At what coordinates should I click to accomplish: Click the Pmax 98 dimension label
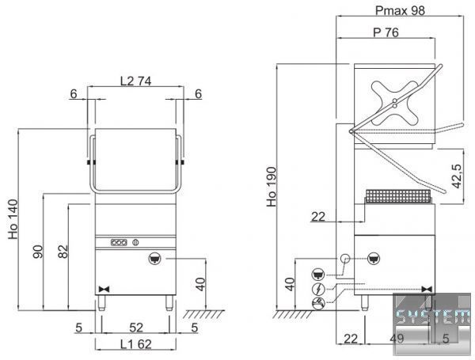click(x=400, y=10)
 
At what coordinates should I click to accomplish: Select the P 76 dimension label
click(x=386, y=32)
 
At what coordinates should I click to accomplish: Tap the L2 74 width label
click(x=135, y=81)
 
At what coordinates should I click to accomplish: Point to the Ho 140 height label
click(x=13, y=219)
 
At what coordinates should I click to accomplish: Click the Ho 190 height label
click(x=272, y=187)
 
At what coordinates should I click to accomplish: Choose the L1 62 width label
click(x=135, y=344)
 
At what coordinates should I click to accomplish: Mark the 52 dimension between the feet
click(x=136, y=328)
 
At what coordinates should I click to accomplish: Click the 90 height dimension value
click(x=38, y=252)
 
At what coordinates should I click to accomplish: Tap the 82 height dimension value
click(x=63, y=252)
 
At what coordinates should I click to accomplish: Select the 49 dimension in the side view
click(x=397, y=338)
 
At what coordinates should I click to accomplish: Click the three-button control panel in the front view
click(x=119, y=243)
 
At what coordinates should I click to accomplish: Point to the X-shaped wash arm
click(x=395, y=103)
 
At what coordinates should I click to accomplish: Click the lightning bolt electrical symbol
click(x=318, y=289)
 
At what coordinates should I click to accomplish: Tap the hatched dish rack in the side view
click(x=398, y=196)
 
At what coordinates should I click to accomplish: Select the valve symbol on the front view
click(x=104, y=289)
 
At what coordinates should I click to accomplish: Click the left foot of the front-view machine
click(x=101, y=303)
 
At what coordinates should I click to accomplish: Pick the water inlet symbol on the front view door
click(x=155, y=259)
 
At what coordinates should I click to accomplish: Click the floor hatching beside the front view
click(x=203, y=314)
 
